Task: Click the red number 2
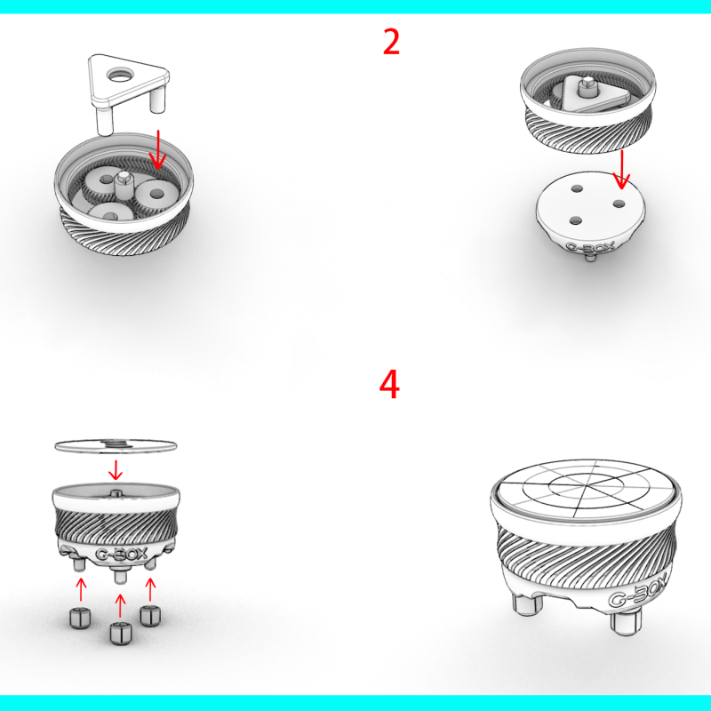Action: tap(391, 42)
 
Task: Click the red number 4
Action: tap(389, 384)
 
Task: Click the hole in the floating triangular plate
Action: tap(119, 75)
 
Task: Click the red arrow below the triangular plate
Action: tap(158, 149)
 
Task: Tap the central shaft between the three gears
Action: tap(123, 183)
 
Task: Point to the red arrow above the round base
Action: tap(621, 170)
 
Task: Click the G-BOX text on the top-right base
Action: tap(590, 248)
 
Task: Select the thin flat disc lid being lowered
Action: tap(116, 445)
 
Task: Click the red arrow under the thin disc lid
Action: tap(116, 470)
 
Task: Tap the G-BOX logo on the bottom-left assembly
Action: tap(122, 554)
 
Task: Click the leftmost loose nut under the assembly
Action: tap(80, 619)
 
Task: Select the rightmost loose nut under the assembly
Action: tap(150, 616)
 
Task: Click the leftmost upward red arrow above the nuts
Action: tap(81, 589)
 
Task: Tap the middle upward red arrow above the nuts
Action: tap(120, 605)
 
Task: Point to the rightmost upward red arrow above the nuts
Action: tap(150, 589)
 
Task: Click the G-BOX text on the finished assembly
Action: tap(638, 590)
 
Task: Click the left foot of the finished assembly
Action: tap(527, 604)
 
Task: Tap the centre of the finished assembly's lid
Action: tap(584, 486)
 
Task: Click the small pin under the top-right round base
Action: tap(589, 257)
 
